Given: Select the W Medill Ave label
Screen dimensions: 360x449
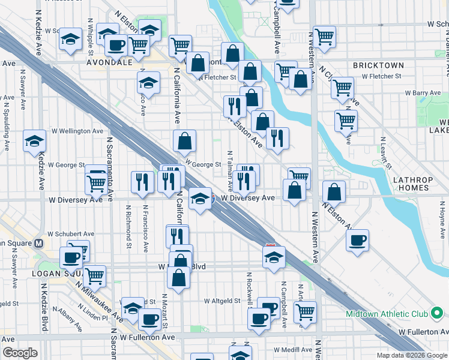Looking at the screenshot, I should pyautogui.click(x=294, y=349).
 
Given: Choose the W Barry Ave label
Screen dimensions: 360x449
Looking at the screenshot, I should pyautogui.click(x=423, y=93).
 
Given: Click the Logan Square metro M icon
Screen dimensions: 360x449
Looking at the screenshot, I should pyautogui.click(x=39, y=244).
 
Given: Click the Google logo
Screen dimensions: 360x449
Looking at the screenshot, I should pyautogui.click(x=20, y=353).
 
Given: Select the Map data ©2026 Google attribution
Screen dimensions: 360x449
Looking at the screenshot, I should pyautogui.click(x=412, y=355).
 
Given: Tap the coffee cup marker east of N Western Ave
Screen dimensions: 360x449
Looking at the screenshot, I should pyautogui.click(x=358, y=241).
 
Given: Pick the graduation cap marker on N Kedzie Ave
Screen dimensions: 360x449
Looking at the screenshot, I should pyautogui.click(x=35, y=142).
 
